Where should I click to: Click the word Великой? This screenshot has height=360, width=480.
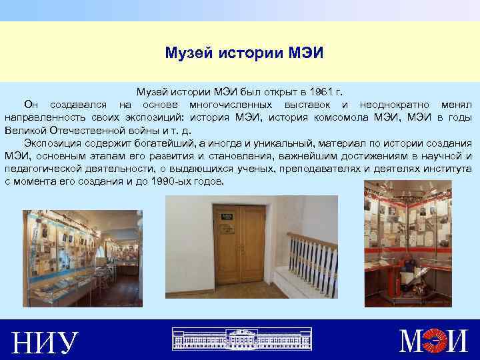(x=25, y=131)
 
